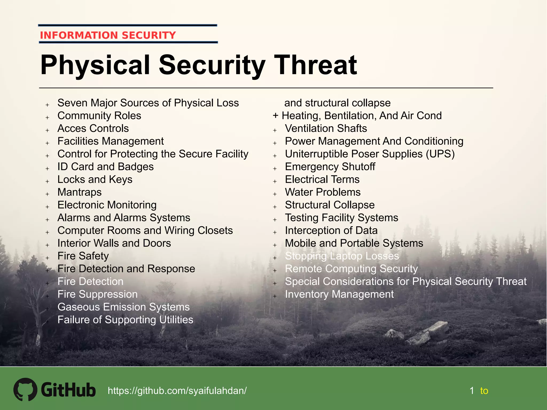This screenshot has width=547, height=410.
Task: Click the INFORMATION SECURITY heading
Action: [x=108, y=35]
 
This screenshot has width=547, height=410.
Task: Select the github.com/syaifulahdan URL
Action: [x=177, y=391]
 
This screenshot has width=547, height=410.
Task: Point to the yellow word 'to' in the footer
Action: [x=484, y=391]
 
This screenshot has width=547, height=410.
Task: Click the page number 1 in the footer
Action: [x=472, y=391]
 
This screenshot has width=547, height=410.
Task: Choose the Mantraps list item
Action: [x=80, y=192]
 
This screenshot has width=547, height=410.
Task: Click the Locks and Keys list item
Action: [x=95, y=179]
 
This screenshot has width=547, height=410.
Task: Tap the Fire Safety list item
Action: [x=83, y=256]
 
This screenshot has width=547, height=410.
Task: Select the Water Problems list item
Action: [x=323, y=192]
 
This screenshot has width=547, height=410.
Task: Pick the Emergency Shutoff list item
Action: [x=330, y=167]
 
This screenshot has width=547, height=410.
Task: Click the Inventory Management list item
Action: [x=339, y=294]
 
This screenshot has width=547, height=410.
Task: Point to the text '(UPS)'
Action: [x=440, y=154]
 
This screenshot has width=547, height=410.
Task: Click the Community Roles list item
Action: [x=99, y=116]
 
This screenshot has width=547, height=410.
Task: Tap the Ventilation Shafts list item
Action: [x=326, y=128]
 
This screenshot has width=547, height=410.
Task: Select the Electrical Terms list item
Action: [x=322, y=179]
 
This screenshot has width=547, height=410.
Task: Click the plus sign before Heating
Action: [x=276, y=116]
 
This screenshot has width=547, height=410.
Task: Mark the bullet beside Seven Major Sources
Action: [x=47, y=105]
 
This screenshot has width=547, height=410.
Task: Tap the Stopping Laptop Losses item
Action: [x=342, y=256]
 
